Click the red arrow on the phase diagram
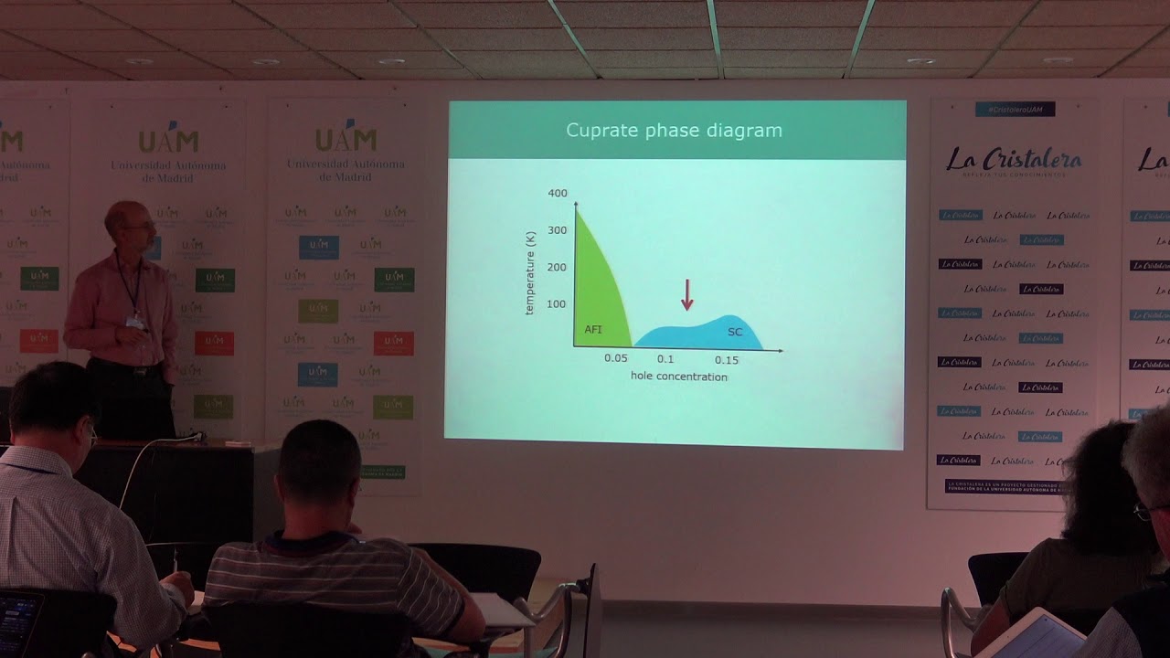tap(687, 295)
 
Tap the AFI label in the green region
tap(593, 329)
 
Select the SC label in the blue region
tap(735, 332)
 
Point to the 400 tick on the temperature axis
tap(558, 194)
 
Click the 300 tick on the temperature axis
tap(558, 230)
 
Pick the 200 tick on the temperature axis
tap(558, 267)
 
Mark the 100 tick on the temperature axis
tap(558, 303)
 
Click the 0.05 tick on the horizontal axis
tap(616, 359)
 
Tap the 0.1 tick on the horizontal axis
tap(665, 359)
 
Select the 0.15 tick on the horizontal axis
tap(727, 360)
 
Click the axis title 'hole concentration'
tap(678, 377)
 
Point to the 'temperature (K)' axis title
tap(530, 273)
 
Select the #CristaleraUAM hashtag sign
tap(1015, 110)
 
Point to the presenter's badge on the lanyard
tap(135, 322)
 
